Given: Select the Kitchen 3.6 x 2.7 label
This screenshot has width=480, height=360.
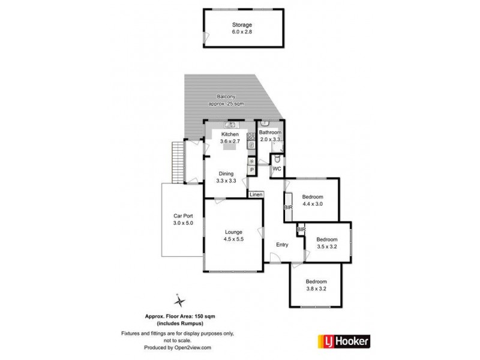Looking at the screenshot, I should (230, 138).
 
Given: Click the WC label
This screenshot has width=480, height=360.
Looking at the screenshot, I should (277, 169).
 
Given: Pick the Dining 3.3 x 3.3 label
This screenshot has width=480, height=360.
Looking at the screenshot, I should (226, 177).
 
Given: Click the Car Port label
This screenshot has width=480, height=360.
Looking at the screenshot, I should (182, 220).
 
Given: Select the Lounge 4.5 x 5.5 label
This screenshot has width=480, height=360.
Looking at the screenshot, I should (233, 235).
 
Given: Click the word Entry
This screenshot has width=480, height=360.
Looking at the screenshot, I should (283, 244).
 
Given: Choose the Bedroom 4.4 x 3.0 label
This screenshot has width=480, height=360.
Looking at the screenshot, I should (313, 200).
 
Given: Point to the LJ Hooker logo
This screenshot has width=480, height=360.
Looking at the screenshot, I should (343, 341).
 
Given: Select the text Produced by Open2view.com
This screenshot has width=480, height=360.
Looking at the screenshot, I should (178, 347).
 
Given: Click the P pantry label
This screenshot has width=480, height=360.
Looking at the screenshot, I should (252, 171).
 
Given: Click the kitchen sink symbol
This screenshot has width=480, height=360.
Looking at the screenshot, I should (230, 125).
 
